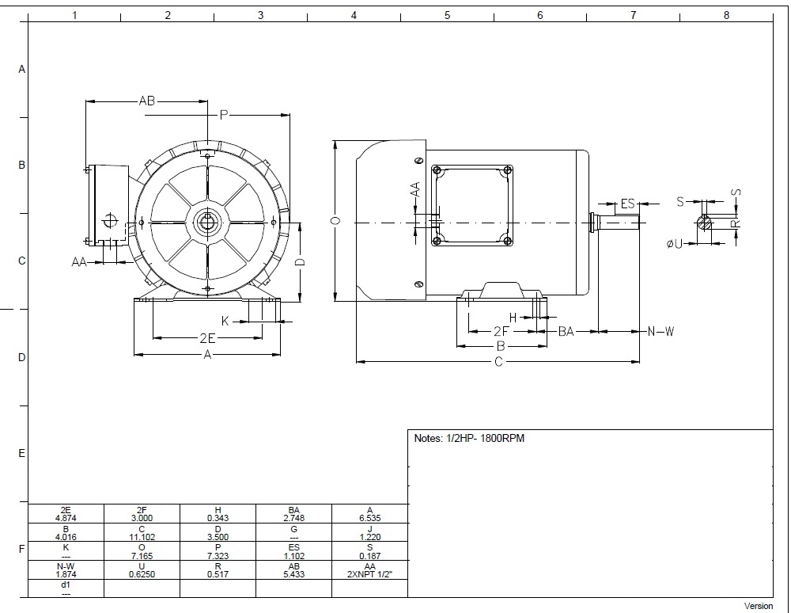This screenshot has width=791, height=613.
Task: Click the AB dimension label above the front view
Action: [147, 101]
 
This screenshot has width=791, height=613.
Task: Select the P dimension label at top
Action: [224, 115]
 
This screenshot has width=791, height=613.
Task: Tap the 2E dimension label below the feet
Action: [207, 338]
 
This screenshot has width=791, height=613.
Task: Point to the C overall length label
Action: [498, 361]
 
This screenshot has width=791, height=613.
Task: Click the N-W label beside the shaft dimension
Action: [660, 331]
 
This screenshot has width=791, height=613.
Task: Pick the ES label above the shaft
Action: [627, 204]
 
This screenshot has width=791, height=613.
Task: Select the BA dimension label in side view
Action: [566, 331]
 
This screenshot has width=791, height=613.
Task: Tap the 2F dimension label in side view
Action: [501, 331]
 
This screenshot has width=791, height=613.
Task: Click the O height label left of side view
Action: [336, 220]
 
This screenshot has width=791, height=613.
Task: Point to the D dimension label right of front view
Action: [300, 262]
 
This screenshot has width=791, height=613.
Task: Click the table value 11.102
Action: [142, 537]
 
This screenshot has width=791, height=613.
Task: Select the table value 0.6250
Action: [142, 574]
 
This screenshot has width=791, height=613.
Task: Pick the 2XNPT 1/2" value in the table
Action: [369, 574]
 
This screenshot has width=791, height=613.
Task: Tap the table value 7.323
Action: [218, 556]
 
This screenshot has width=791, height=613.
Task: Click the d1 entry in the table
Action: [66, 584]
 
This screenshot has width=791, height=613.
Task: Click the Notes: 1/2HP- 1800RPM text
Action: [469, 438]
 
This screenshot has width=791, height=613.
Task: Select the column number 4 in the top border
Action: [354, 15]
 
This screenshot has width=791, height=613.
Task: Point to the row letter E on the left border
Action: [21, 454]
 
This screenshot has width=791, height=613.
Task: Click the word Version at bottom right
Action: [759, 606]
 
